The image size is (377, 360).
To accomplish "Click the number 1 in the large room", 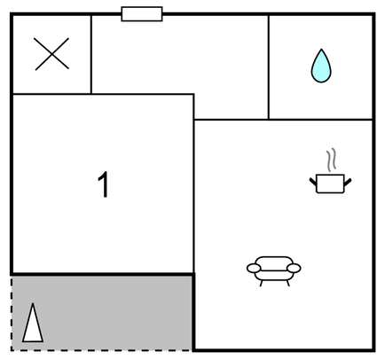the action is tap(104, 184).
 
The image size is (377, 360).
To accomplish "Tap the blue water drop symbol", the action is tap(321, 67).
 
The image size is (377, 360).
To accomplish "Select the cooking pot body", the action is tap(330, 184).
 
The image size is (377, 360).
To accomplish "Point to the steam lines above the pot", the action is tap(332, 160).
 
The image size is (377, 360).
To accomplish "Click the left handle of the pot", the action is tap(313, 182).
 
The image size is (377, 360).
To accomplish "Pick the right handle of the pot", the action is tap(348, 183).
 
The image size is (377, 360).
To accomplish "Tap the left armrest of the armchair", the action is tap(254, 269).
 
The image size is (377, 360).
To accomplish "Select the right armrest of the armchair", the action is tap(294, 269).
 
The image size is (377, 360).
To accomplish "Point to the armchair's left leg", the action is tap(261, 283).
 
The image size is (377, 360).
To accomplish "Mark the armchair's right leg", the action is tap(287, 283).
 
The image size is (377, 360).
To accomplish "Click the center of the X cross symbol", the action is tap(51, 54).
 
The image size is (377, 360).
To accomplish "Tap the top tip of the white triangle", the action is tap(33, 303).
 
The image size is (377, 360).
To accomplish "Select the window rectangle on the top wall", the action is tap(142, 14).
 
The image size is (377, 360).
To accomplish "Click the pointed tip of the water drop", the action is tap(321, 50).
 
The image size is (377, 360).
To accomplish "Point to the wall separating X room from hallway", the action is tap(91, 54).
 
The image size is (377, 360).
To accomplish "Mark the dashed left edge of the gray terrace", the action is tap(12, 313).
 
